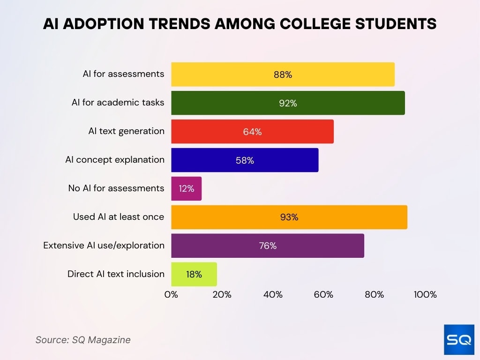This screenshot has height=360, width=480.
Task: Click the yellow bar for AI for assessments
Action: click(x=283, y=75)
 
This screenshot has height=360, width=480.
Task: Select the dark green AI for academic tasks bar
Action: click(x=288, y=103)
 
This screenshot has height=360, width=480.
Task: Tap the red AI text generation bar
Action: click(x=252, y=132)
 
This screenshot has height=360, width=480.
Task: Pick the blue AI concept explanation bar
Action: click(x=245, y=160)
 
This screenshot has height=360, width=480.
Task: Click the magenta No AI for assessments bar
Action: click(x=186, y=189)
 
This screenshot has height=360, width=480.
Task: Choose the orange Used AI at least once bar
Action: click(x=289, y=217)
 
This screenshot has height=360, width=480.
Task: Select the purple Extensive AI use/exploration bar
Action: click(x=267, y=246)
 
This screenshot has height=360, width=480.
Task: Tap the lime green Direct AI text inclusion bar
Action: click(x=194, y=274)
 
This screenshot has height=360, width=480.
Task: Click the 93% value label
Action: click(x=289, y=217)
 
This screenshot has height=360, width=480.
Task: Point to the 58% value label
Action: click(x=245, y=160)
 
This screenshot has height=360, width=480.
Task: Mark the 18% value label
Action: click(x=194, y=274)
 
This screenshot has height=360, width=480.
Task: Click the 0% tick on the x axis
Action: click(x=171, y=295)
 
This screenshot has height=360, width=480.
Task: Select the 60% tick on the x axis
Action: click(x=323, y=295)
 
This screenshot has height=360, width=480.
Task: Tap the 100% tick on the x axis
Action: click(x=425, y=295)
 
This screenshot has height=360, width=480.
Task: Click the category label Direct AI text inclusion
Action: click(x=116, y=274)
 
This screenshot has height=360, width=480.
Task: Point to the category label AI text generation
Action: click(x=126, y=131)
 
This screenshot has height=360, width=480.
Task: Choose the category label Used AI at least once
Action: click(x=119, y=217)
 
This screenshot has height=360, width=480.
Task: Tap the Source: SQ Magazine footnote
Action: click(x=83, y=340)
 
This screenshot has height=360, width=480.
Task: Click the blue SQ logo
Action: click(x=459, y=339)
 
